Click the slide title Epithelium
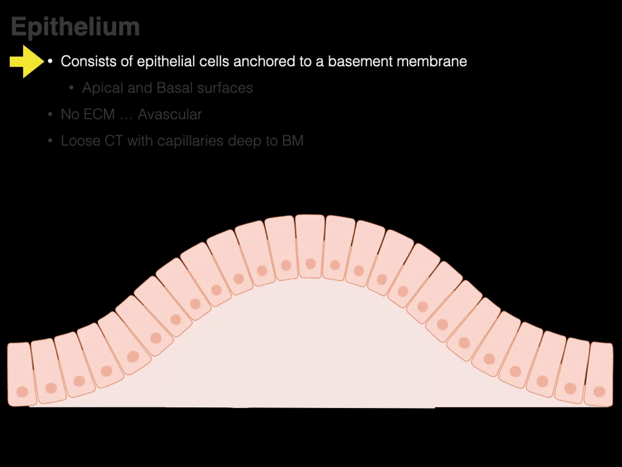click(75, 27)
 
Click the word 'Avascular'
click(170, 114)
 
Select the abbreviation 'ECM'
click(102, 114)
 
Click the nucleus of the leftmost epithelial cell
click(22, 392)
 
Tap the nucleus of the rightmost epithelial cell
click(599, 392)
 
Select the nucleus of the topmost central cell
click(311, 264)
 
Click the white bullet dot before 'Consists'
click(50, 62)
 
